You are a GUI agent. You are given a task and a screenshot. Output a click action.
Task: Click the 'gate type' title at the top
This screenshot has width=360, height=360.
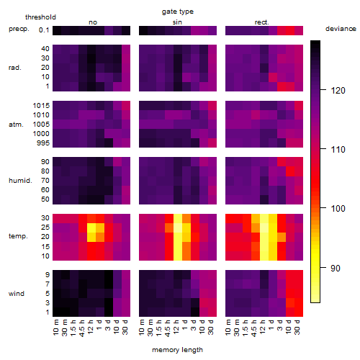pyautogui.click(x=178, y=12)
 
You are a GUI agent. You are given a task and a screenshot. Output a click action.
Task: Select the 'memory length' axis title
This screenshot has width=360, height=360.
pyautogui.click(x=177, y=350)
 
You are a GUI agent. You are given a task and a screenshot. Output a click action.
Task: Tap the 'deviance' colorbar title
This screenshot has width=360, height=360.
pyautogui.click(x=341, y=29)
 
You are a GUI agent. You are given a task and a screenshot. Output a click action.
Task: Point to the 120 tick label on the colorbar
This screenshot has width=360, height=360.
pyautogui.click(x=338, y=91)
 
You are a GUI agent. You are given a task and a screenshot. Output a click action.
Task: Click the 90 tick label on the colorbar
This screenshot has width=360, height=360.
pyautogui.click(x=336, y=268)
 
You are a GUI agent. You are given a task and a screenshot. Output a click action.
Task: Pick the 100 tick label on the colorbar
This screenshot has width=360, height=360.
pyautogui.click(x=338, y=208)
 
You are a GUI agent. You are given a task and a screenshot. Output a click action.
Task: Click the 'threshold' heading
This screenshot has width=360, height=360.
pyautogui.click(x=40, y=17)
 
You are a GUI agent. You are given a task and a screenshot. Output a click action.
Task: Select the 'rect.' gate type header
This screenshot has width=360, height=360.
pyautogui.click(x=262, y=22)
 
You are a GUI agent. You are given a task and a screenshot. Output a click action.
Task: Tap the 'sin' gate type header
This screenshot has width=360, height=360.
pyautogui.click(x=177, y=22)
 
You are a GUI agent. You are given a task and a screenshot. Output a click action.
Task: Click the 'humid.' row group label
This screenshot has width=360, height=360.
pyautogui.click(x=20, y=181)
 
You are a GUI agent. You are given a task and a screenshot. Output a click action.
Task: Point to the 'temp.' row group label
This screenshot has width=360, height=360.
pyautogui.click(x=18, y=236)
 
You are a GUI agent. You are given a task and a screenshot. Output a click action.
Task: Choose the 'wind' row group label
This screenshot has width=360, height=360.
pyautogui.click(x=17, y=294)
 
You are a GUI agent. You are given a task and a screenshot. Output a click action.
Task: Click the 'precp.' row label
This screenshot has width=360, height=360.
pyautogui.click(x=19, y=29)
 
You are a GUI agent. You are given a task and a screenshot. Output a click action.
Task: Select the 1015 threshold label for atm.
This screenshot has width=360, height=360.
pyautogui.click(x=41, y=106)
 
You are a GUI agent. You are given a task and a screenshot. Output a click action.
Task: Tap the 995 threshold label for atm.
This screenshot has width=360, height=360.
pyautogui.click(x=43, y=143)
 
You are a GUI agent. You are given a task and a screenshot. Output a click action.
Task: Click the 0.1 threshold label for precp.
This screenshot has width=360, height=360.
pyautogui.click(x=44, y=30)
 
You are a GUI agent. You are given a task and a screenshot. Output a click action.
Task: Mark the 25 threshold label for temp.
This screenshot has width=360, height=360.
pyautogui.click(x=45, y=228)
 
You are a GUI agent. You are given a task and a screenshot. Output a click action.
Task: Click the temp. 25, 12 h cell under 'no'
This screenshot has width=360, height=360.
pyautogui.click(x=91, y=228)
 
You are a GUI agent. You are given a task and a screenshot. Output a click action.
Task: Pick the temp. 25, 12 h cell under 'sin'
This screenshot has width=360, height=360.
pyautogui.click(x=178, y=228)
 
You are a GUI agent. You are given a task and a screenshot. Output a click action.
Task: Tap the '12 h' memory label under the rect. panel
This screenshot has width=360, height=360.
pyautogui.click(x=263, y=328)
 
